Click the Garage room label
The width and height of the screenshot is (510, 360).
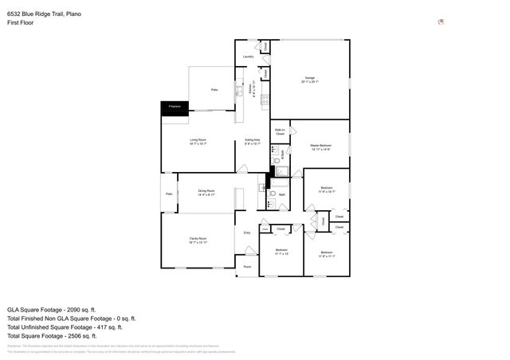(309, 78)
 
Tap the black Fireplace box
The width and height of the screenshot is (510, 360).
(174, 107)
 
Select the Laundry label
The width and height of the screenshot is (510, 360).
(248, 57)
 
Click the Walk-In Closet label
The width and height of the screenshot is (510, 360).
(280, 131)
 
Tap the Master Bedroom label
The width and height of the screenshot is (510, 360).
(320, 147)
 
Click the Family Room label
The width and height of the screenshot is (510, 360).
(198, 241)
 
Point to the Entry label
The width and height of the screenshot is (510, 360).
(247, 233)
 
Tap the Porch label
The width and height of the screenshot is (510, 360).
(247, 266)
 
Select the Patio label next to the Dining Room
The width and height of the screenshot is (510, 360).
(169, 194)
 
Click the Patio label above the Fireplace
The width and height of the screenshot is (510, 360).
(214, 90)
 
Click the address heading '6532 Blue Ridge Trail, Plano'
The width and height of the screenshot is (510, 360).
(44, 14)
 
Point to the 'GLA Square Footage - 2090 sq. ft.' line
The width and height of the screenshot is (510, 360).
(51, 309)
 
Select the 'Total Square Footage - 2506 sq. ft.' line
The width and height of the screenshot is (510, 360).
(53, 335)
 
